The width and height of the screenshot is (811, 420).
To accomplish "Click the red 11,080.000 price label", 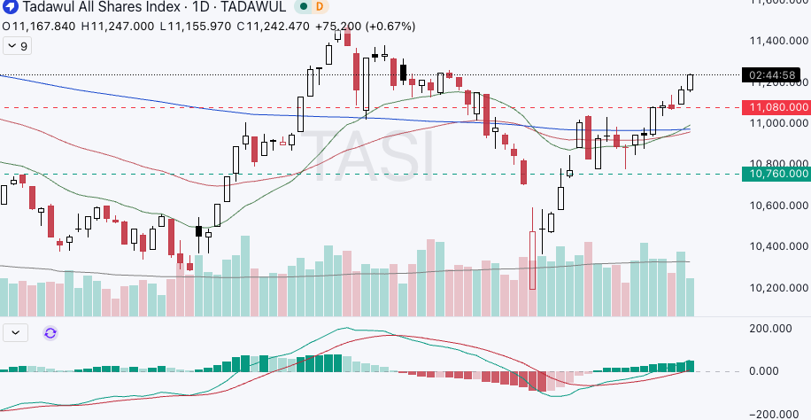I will click(776, 107).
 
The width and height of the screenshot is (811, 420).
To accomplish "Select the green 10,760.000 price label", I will click(776, 174).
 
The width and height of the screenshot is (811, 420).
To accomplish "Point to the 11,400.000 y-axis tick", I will click(776, 41).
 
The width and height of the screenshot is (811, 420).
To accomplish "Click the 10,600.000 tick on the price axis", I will click(776, 206).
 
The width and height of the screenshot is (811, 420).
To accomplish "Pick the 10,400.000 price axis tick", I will click(776, 247).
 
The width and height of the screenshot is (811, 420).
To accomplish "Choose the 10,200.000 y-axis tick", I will click(776, 288).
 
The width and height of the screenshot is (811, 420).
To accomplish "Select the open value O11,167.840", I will click(40, 27).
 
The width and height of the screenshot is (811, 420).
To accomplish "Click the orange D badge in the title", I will click(321, 7).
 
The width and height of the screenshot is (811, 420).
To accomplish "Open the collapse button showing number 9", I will click(17, 46).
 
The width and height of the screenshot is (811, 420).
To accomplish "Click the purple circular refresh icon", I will click(50, 333).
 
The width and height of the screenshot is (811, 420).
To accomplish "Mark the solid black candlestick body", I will click(198, 231).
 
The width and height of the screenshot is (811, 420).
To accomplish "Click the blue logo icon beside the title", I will click(10, 7).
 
